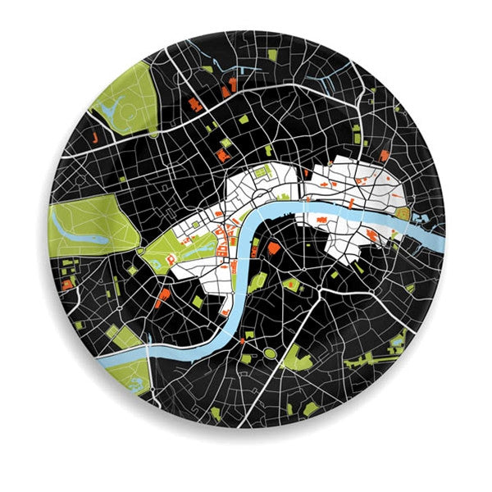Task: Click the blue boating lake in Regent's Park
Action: (x=112, y=105)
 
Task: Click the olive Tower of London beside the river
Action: (x=404, y=213)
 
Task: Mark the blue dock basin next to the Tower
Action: (x=423, y=218)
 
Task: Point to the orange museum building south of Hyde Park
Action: (x=66, y=284)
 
